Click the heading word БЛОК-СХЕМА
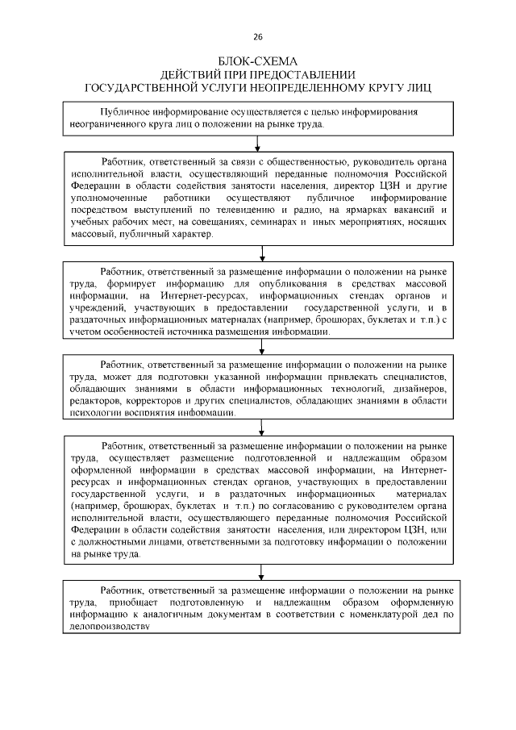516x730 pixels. point(258,61)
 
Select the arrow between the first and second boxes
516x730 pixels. point(257,144)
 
